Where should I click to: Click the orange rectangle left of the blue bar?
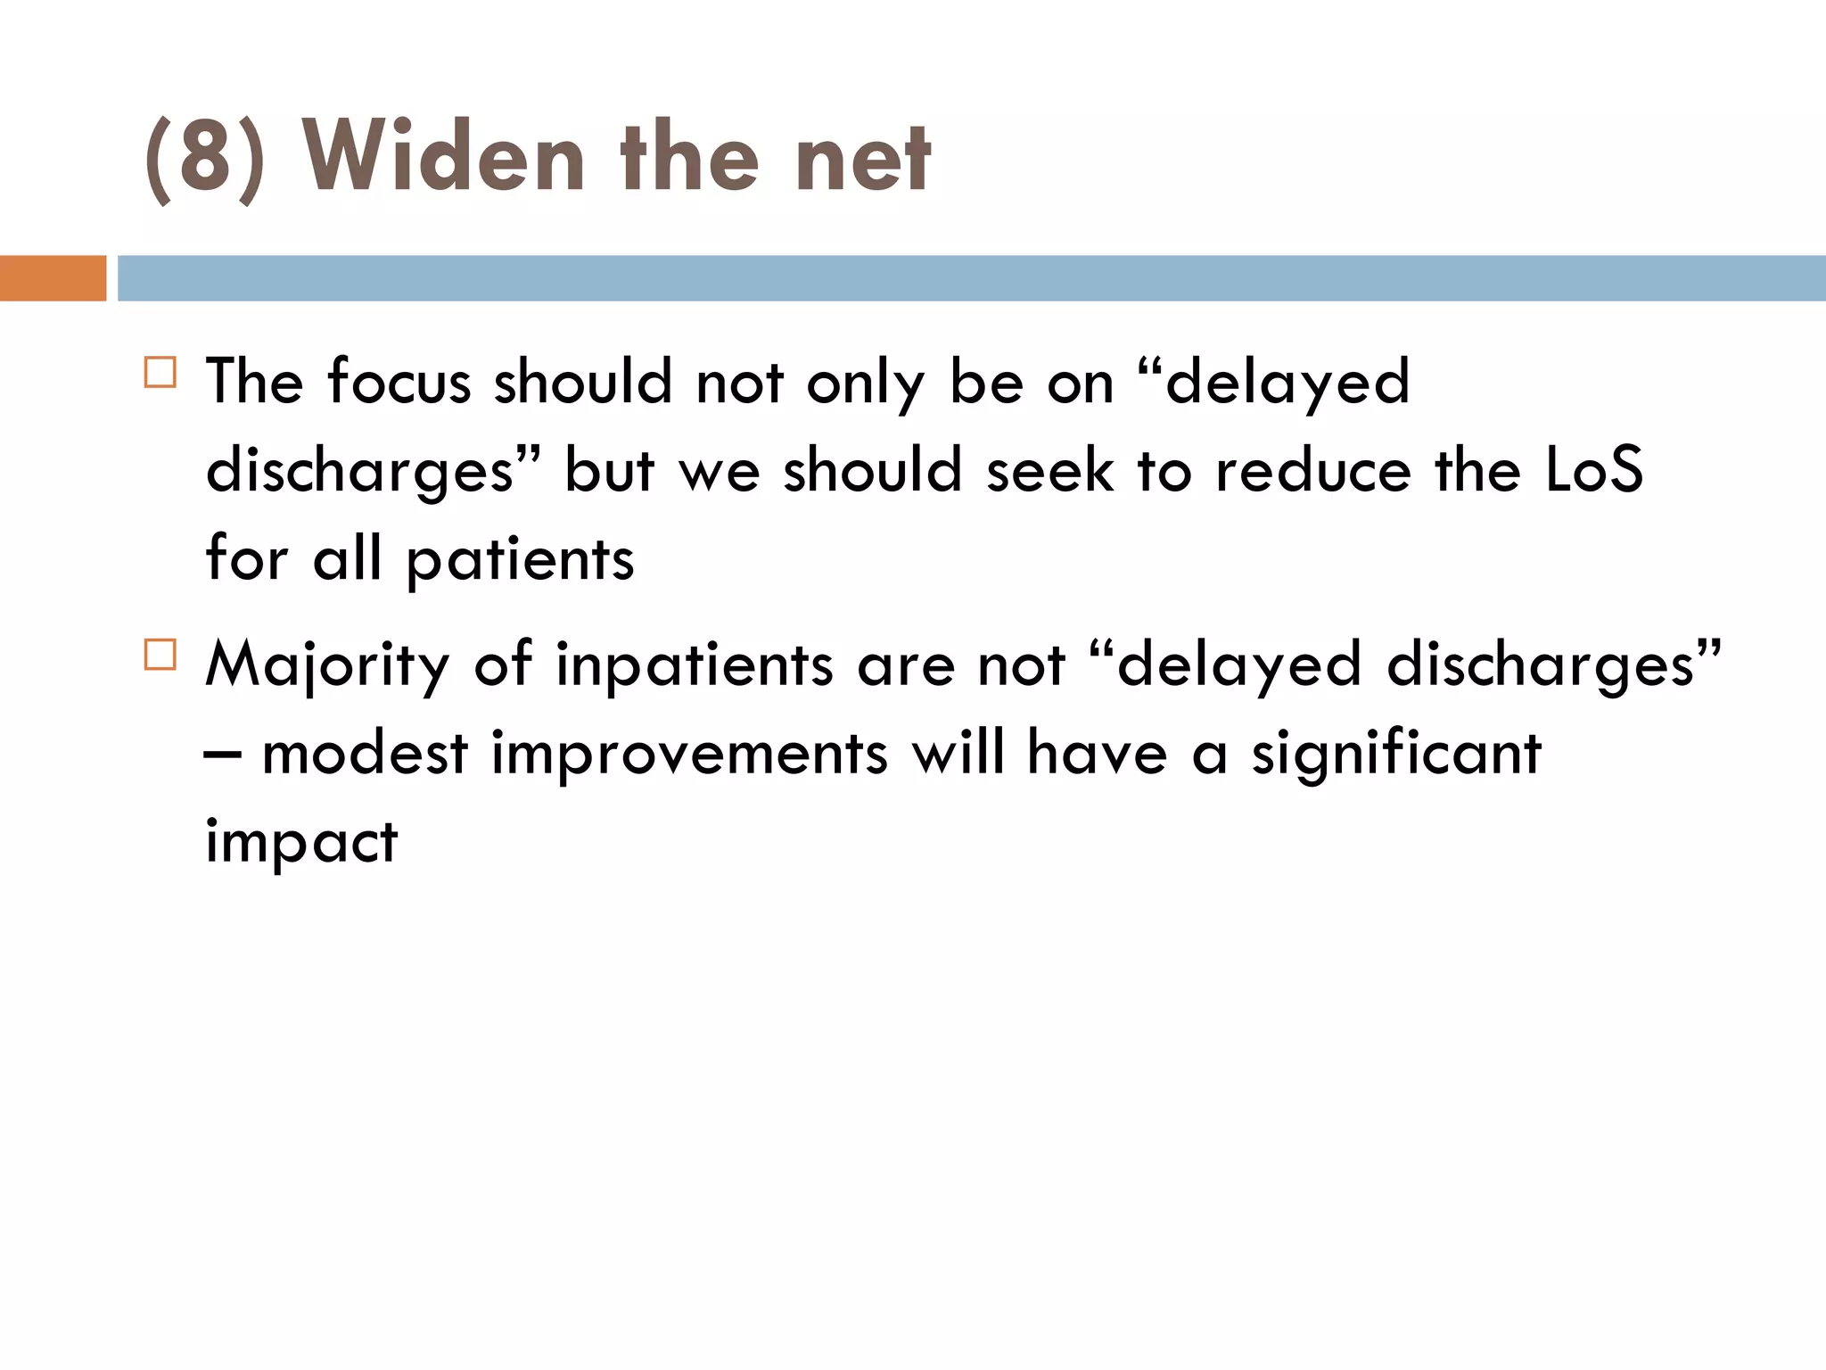[x=53, y=278]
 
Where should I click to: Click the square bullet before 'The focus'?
[x=160, y=372]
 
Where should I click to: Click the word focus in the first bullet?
[x=399, y=382]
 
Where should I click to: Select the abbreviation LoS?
[x=1593, y=470]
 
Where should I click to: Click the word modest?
[x=365, y=753]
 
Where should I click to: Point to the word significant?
[x=1396, y=755]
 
